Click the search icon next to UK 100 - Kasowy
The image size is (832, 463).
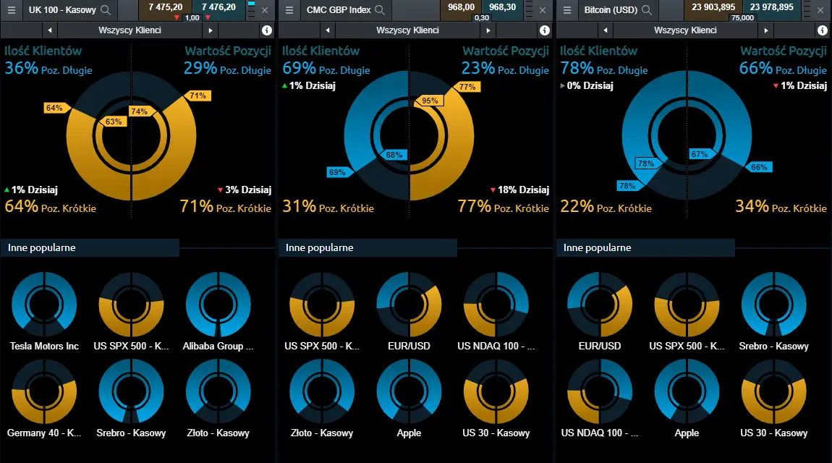[106, 9]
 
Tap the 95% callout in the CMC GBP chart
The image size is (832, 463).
[430, 101]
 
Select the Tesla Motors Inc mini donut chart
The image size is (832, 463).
[44, 305]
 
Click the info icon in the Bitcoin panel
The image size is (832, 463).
[823, 30]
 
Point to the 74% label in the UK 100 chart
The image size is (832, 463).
[140, 111]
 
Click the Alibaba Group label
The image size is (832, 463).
[218, 347]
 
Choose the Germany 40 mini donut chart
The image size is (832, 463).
[44, 391]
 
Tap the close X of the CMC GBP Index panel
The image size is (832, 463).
[543, 9]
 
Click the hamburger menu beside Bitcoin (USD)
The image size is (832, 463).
[566, 9]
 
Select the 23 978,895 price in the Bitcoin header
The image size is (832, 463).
[771, 7]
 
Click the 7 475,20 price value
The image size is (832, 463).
[166, 7]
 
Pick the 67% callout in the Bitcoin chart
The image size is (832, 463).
[700, 154]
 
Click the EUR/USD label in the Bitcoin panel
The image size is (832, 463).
[600, 347]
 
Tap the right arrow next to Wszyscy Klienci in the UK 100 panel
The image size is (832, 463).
[211, 30]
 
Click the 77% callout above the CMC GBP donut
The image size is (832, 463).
[467, 87]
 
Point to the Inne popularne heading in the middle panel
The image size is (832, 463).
[320, 247]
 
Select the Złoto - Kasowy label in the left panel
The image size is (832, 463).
[218, 433]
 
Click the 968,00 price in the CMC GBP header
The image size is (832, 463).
[461, 7]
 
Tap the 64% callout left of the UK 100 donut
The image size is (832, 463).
[54, 109]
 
